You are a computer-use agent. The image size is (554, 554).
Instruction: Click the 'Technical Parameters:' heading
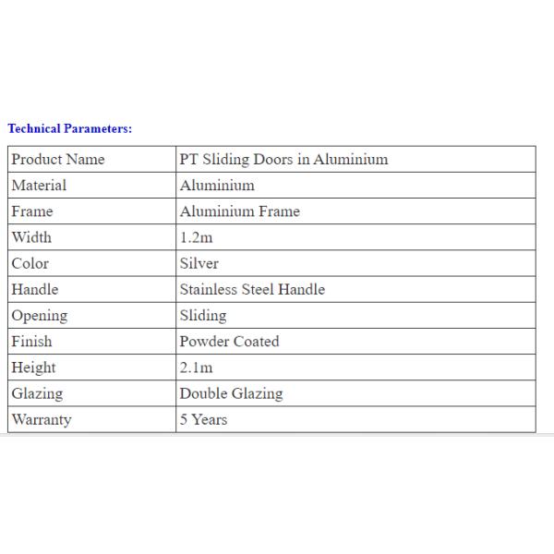(x=70, y=128)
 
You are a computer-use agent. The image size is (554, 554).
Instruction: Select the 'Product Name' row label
(x=58, y=159)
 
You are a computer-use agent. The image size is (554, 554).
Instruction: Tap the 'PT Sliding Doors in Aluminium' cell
(x=283, y=159)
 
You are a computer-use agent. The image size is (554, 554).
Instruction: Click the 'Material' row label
(x=39, y=185)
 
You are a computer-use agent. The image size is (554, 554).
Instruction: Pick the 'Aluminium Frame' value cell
(x=239, y=211)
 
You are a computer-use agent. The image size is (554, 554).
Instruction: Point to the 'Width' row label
(x=31, y=237)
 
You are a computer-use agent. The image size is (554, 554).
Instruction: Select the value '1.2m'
(x=196, y=237)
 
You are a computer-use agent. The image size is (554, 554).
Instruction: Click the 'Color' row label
(x=30, y=263)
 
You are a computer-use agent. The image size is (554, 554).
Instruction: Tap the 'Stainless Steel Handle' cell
(x=252, y=289)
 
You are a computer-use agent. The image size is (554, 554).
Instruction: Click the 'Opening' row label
(x=40, y=316)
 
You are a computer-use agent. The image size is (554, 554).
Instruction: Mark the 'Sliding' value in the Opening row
(x=203, y=316)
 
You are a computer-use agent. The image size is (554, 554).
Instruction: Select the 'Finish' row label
(x=31, y=342)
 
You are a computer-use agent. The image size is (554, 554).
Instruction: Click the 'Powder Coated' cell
(x=229, y=342)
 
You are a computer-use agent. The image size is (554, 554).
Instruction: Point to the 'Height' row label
(x=34, y=367)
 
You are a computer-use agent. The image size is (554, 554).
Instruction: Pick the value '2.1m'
(x=196, y=367)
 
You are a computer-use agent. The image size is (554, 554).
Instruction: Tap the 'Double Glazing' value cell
(x=231, y=393)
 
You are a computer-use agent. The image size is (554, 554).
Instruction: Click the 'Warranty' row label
(x=42, y=419)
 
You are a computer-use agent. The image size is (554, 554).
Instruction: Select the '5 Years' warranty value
(x=203, y=419)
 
